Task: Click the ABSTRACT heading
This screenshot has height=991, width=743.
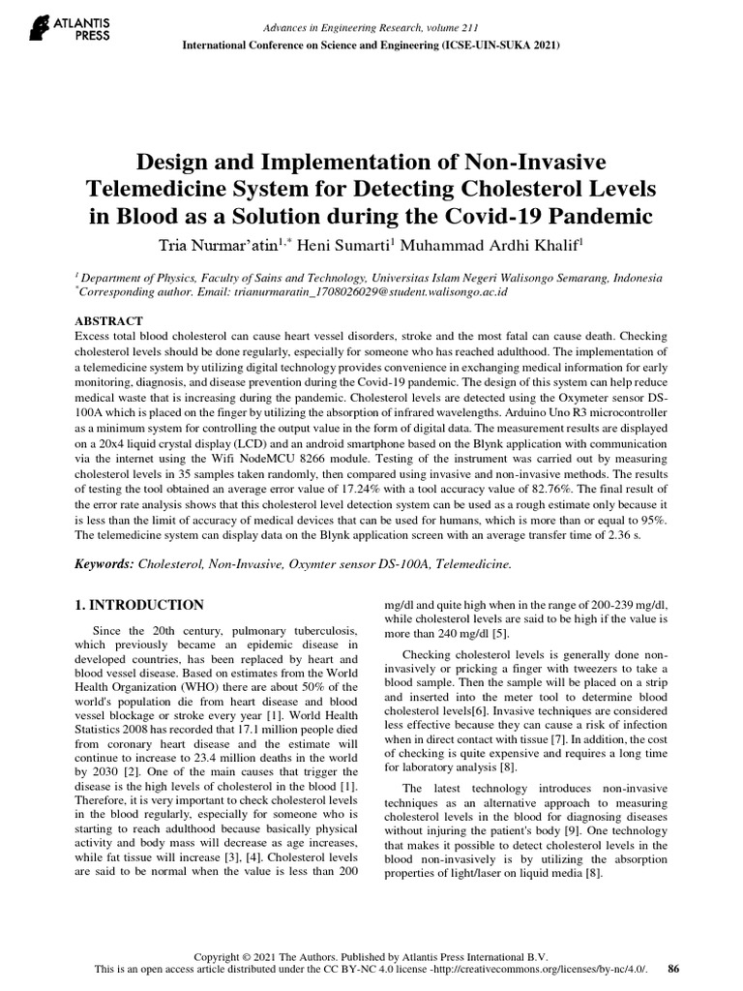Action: (x=108, y=320)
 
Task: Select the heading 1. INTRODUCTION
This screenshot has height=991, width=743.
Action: (x=139, y=605)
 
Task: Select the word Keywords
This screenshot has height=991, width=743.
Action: (x=104, y=562)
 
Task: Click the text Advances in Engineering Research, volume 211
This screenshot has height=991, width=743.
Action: (x=371, y=27)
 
